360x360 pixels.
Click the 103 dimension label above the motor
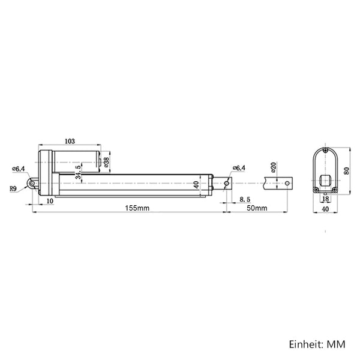pos(70,141)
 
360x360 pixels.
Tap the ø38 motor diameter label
pos(107,162)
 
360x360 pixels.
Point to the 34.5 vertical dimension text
pos(78,172)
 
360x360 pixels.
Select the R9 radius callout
pos(13,189)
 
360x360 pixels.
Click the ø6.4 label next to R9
pos(18,169)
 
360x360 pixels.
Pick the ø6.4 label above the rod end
pos(239,168)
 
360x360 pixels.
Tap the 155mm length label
pos(137,208)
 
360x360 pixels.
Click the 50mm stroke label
pos(257,208)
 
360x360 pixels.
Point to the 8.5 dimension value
pos(245,200)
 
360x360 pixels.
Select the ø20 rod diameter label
pos(273,167)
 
